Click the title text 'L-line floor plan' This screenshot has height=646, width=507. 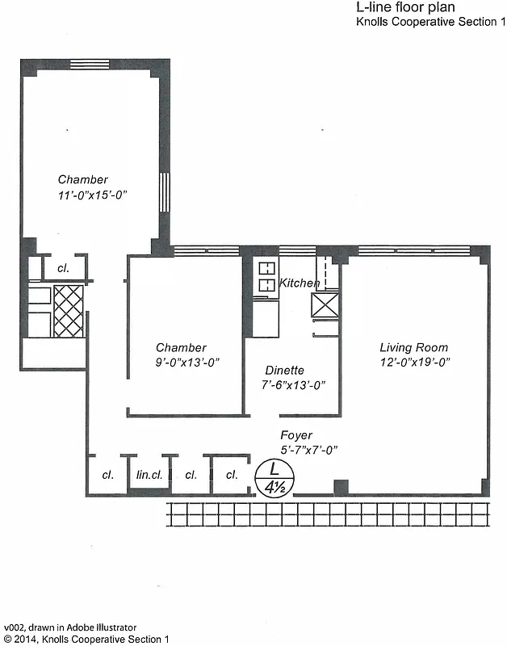pyautogui.click(x=405, y=7)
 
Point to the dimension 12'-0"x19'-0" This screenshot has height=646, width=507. pyautogui.click(x=414, y=363)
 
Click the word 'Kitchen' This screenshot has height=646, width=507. pyautogui.click(x=300, y=283)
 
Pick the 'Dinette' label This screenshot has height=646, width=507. pyautogui.click(x=284, y=371)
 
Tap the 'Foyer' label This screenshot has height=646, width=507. pyautogui.click(x=296, y=435)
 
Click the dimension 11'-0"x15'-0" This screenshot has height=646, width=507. pyautogui.click(x=93, y=195)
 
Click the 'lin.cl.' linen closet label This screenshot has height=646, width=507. pyautogui.click(x=150, y=475)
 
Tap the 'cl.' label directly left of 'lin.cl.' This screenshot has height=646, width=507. pyautogui.click(x=107, y=475)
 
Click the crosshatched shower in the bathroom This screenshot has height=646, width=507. pyautogui.click(x=68, y=310)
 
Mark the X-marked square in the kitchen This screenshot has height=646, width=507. pyautogui.click(x=325, y=305)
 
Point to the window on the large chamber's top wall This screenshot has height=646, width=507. pyautogui.click(x=90, y=64)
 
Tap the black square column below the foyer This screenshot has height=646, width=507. pyautogui.click(x=341, y=487)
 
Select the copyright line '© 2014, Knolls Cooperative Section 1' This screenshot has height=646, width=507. pyautogui.click(x=86, y=639)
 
